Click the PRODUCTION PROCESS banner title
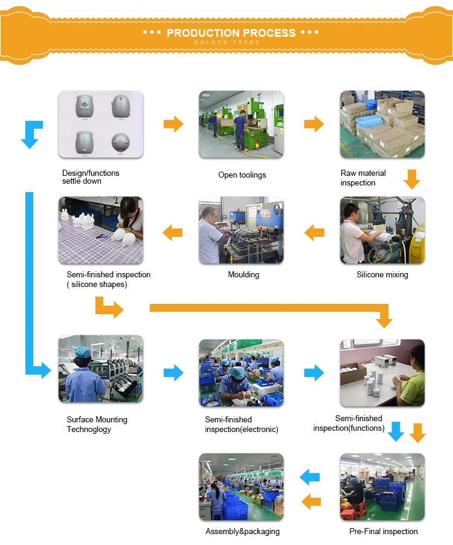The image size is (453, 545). click(231, 33)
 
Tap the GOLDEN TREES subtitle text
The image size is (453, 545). click(227, 42)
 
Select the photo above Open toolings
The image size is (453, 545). click(242, 124)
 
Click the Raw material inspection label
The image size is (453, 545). click(363, 178)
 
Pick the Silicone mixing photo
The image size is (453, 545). click(382, 230)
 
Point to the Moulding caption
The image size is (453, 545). click(243, 274)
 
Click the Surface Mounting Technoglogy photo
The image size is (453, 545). click(101, 369)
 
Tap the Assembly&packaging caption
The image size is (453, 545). click(243, 531)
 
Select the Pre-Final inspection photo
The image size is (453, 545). click(382, 487)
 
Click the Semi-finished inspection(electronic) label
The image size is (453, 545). click(242, 424)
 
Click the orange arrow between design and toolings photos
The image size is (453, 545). click(173, 124)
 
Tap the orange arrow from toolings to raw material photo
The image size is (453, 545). click(313, 124)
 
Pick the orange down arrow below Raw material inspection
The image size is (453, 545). click(412, 179)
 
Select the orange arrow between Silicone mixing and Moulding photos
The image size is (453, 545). click(313, 231)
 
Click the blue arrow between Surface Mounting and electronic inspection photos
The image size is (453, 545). click(173, 373)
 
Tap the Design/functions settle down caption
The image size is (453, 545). click(91, 177)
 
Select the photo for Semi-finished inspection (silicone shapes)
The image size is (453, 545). click(101, 230)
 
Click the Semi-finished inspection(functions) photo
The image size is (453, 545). click(382, 373)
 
